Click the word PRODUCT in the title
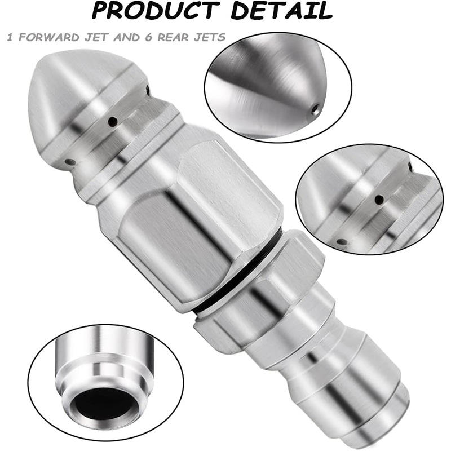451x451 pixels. click(154, 10)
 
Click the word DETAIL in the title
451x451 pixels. click(281, 10)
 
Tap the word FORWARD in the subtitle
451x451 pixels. click(49, 37)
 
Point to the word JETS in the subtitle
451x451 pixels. click(209, 37)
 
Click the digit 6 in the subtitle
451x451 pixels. click(148, 37)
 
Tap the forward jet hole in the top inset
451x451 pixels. click(316, 109)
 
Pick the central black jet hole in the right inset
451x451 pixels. click(379, 199)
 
